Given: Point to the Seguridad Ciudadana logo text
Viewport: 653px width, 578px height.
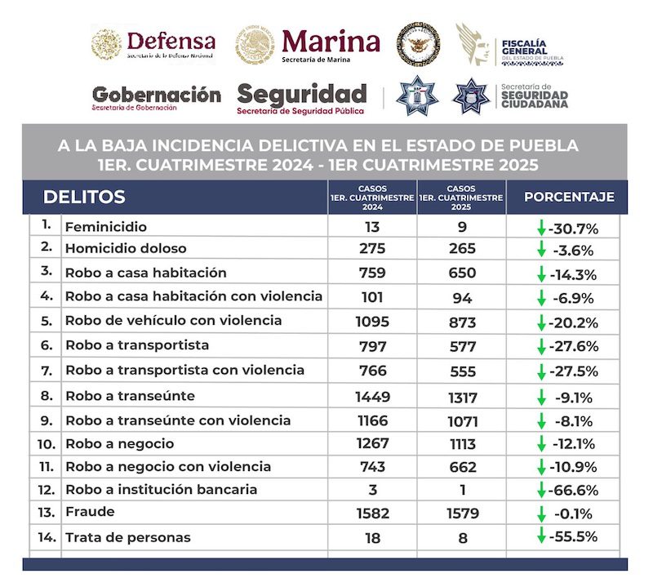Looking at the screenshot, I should pyautogui.click(x=534, y=96).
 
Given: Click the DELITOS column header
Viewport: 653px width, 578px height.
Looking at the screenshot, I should pyautogui.click(x=84, y=197).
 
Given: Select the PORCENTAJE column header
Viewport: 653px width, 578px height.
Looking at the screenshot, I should pyautogui.click(x=569, y=197).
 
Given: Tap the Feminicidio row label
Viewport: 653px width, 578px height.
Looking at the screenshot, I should pyautogui.click(x=105, y=227).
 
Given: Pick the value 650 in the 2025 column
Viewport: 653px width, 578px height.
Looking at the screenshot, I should pyautogui.click(x=462, y=273).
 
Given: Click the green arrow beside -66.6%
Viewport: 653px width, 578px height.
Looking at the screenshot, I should pyautogui.click(x=540, y=491).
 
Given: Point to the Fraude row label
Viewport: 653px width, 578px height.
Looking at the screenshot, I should pyautogui.click(x=90, y=513).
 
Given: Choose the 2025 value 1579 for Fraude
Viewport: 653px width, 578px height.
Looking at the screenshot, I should pyautogui.click(x=462, y=514).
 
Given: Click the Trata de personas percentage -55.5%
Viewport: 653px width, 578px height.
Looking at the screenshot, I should pyautogui.click(x=574, y=537).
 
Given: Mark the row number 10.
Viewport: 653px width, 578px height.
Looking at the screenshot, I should pyautogui.click(x=47, y=444).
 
